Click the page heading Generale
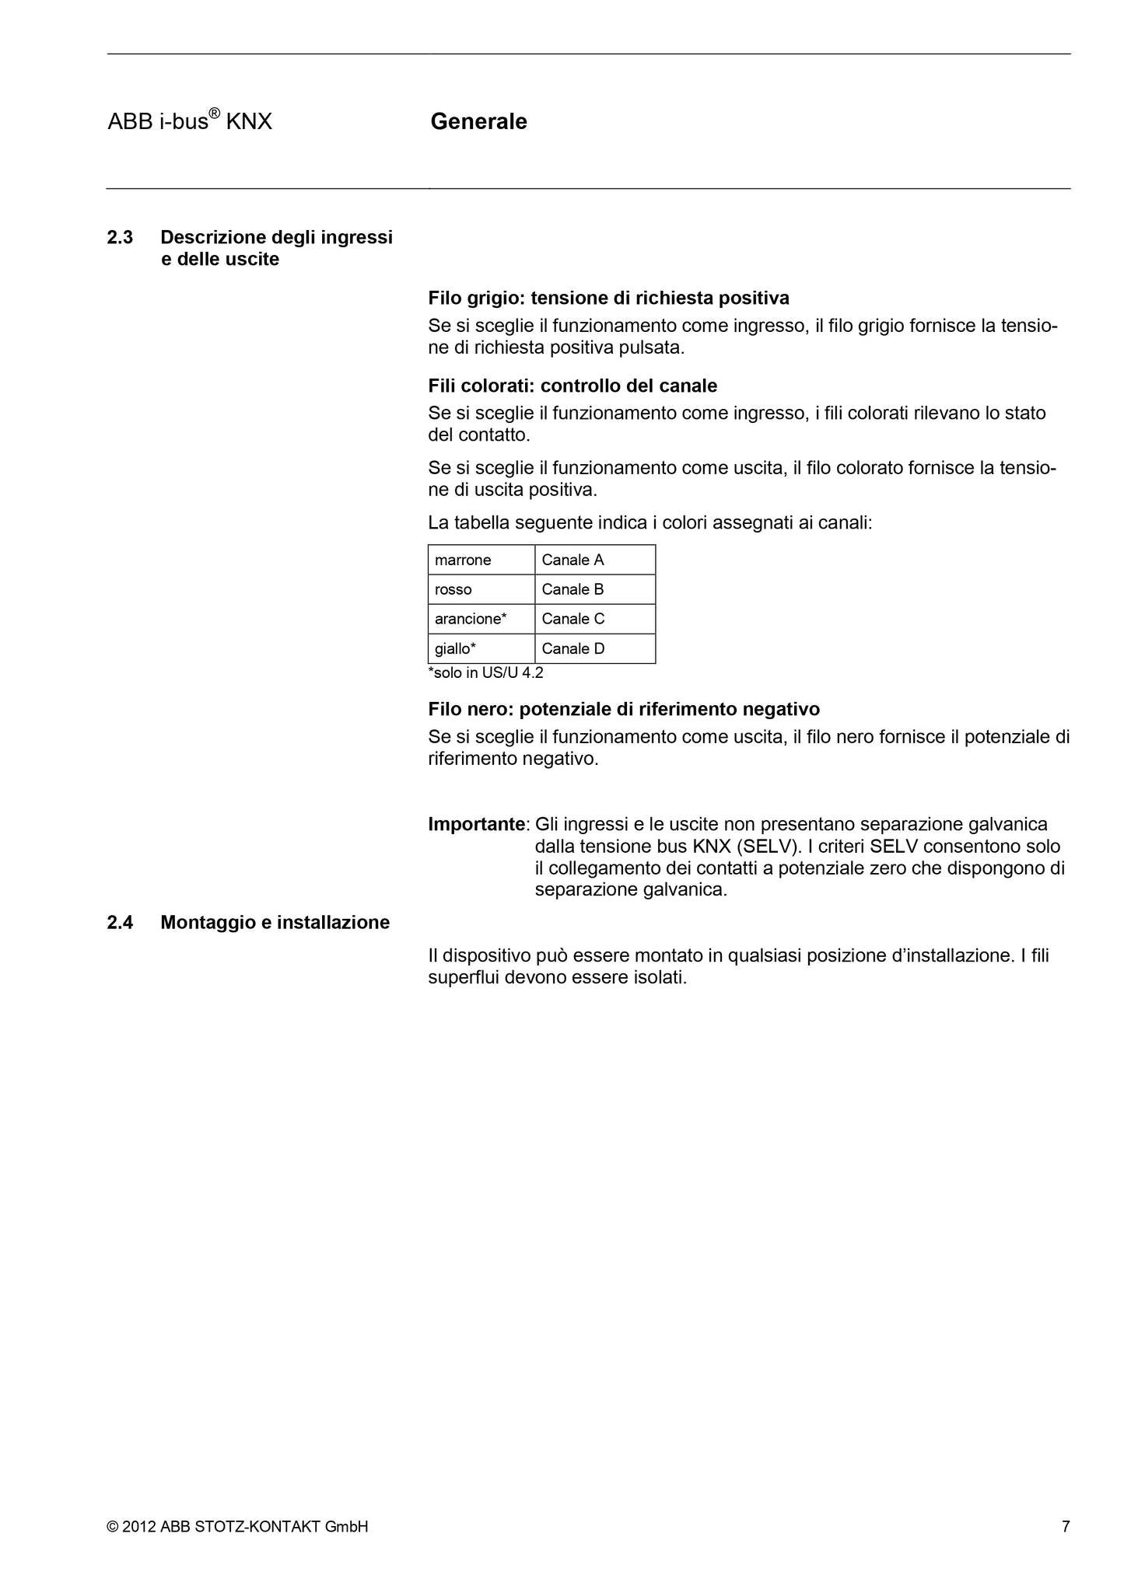point(478,121)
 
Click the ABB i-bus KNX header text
point(190,121)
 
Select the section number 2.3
point(120,237)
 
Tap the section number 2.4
point(120,922)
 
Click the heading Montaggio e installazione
point(275,922)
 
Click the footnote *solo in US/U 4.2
point(485,672)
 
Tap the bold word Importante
point(477,824)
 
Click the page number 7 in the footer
point(1066,1526)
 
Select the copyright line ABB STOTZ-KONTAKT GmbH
point(237,1526)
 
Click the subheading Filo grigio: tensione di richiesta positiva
point(608,298)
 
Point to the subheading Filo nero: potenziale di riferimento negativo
point(624,709)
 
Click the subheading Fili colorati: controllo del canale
point(573,386)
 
